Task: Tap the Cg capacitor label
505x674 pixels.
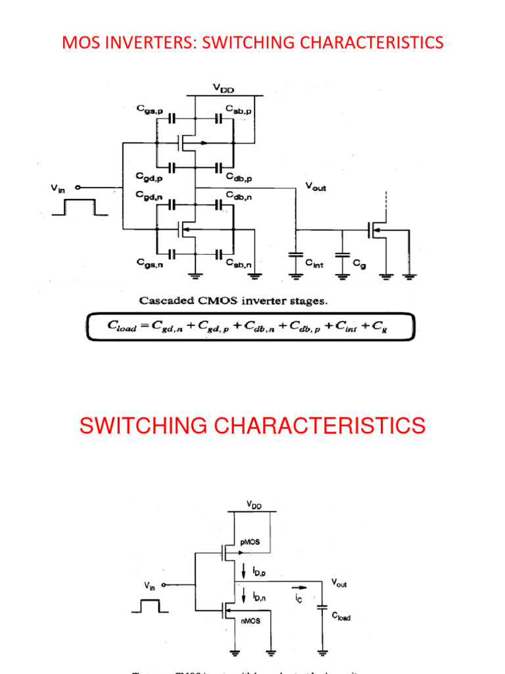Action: coord(359,263)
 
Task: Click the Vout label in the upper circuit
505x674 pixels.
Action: coord(316,187)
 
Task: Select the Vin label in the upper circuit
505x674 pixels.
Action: coord(59,188)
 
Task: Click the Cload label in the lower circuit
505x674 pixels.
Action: coord(341,617)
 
